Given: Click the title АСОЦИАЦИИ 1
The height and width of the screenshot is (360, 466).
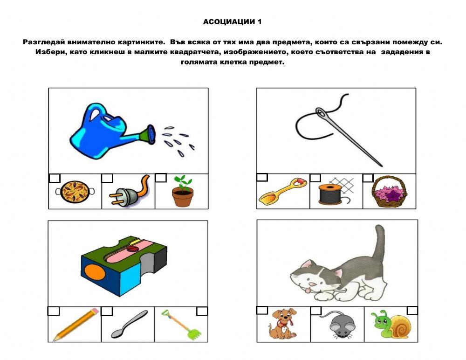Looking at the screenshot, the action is pyautogui.click(x=232, y=22).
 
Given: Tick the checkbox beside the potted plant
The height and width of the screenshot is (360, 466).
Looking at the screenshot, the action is pyautogui.click(x=161, y=178).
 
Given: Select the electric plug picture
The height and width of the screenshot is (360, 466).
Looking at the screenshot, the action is pyautogui.click(x=129, y=191).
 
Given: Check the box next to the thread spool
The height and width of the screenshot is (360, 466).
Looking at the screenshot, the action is pyautogui.click(x=315, y=178).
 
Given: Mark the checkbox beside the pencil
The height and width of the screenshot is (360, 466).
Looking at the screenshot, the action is pyautogui.click(x=54, y=311).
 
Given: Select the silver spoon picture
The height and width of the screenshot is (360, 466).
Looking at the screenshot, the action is pyautogui.click(x=129, y=324).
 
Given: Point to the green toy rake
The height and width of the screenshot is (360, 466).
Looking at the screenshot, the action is pyautogui.click(x=181, y=325).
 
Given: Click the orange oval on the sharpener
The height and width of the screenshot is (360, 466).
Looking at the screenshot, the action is pyautogui.click(x=94, y=272).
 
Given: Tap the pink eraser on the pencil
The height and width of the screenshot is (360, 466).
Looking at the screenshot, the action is pyautogui.click(x=94, y=311).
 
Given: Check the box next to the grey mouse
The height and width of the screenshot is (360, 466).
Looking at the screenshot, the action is pyautogui.click(x=316, y=311).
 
